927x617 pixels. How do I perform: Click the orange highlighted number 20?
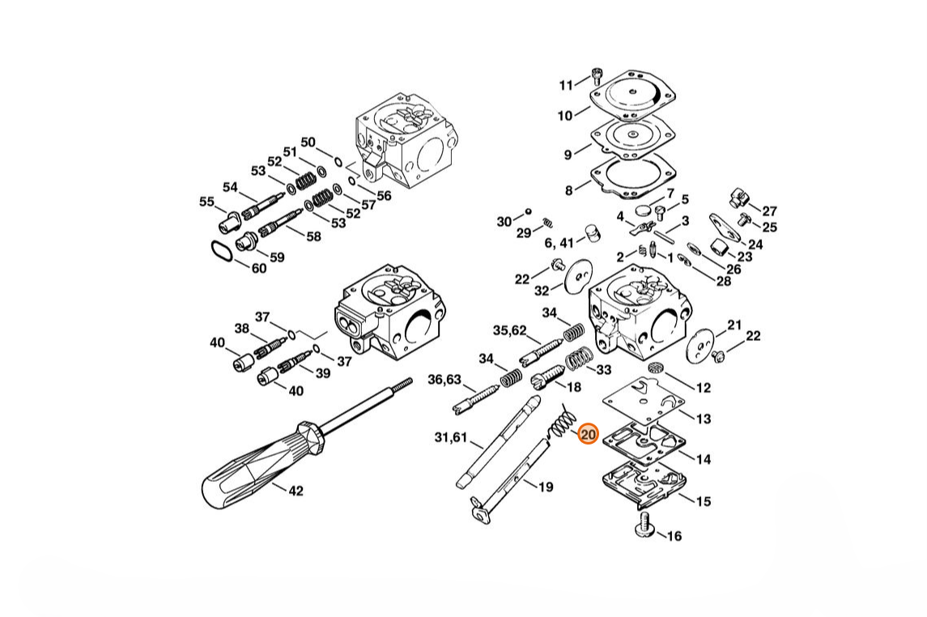click(x=589, y=435)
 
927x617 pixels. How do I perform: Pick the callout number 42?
click(x=296, y=491)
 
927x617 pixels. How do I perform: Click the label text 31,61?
click(x=450, y=438)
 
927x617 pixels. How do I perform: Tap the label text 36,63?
click(x=444, y=380)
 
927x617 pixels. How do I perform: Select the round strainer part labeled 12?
click(x=656, y=368)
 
